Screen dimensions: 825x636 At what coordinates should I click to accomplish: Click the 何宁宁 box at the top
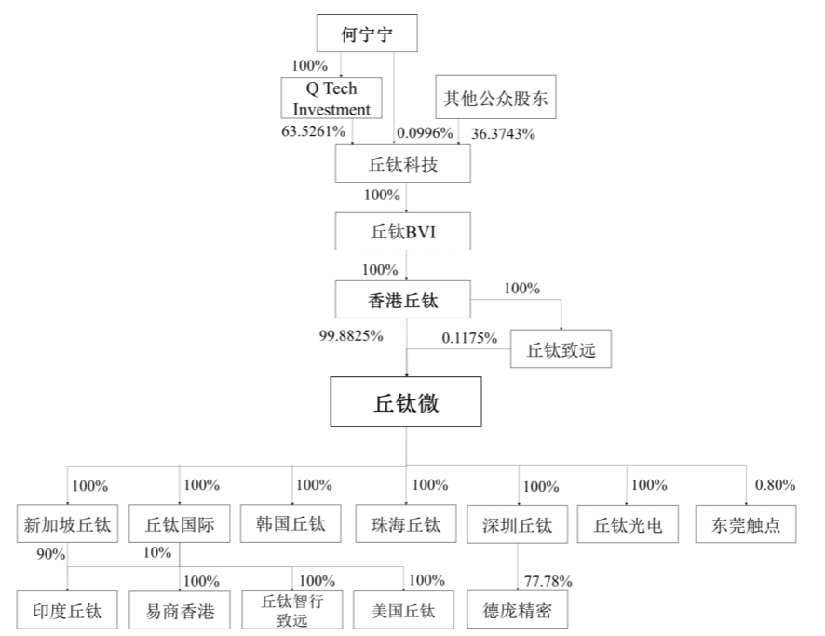(x=367, y=34)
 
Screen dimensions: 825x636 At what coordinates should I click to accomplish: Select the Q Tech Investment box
(x=331, y=99)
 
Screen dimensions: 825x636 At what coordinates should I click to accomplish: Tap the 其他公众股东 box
(x=495, y=98)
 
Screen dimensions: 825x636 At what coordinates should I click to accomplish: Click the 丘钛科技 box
(x=403, y=164)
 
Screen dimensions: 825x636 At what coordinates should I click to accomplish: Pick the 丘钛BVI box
(x=403, y=232)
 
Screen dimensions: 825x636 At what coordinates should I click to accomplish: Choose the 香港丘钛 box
(x=403, y=299)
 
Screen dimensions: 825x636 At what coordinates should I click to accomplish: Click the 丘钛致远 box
(x=561, y=349)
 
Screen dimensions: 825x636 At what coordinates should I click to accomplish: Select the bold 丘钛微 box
(x=406, y=402)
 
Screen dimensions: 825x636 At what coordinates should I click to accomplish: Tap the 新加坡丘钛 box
(x=67, y=524)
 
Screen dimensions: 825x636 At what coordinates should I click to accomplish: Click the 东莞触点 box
(x=746, y=524)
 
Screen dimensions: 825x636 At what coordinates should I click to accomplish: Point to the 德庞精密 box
(x=517, y=610)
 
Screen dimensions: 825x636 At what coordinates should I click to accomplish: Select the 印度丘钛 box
(x=67, y=610)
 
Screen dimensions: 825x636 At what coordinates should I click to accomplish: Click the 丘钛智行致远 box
(x=292, y=610)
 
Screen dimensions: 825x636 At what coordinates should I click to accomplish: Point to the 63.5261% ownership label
(x=314, y=131)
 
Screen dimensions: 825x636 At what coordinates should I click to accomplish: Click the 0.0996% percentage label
(x=425, y=133)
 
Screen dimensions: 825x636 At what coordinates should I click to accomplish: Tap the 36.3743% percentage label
(x=503, y=134)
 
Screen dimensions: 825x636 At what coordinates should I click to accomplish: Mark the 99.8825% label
(x=351, y=335)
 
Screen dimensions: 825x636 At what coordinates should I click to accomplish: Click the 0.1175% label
(x=469, y=338)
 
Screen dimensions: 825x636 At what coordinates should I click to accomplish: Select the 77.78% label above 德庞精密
(x=548, y=581)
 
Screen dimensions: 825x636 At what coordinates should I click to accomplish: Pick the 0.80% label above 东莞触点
(x=775, y=484)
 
